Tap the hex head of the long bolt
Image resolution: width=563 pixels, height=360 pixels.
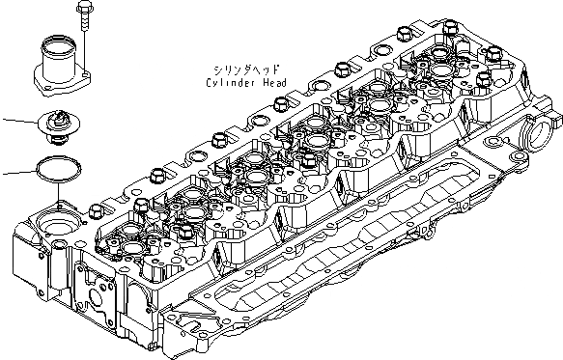tap(80, 9)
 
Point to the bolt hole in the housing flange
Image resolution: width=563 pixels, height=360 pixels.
tap(85, 72)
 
